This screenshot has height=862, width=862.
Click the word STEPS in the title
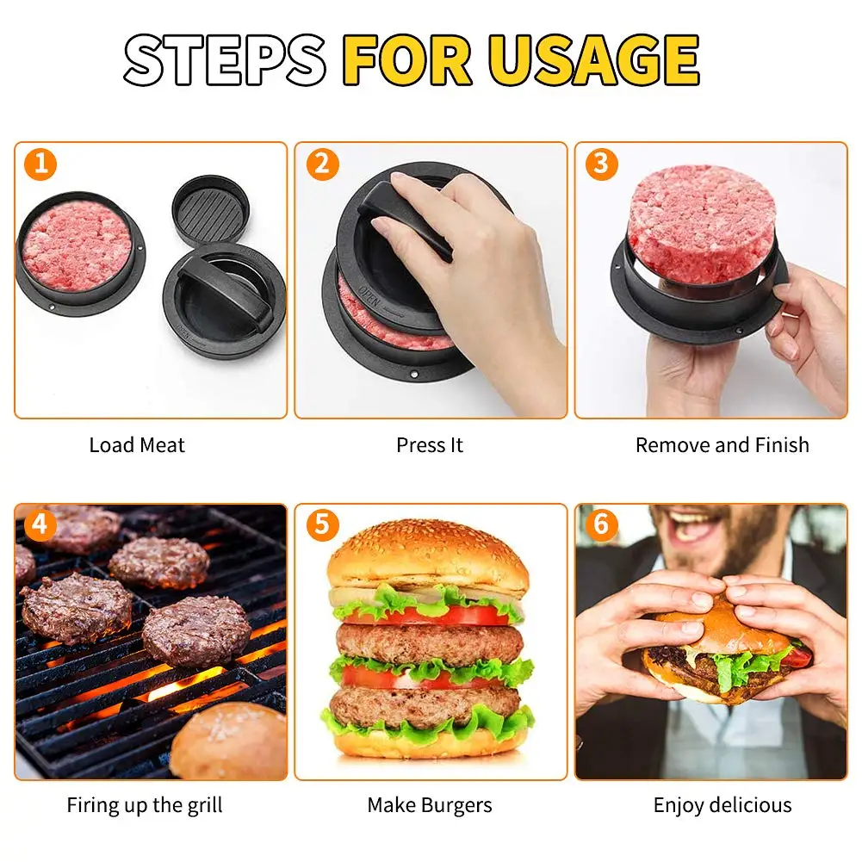(225, 60)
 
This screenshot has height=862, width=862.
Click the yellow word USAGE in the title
(593, 60)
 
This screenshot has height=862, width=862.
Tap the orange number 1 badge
(40, 164)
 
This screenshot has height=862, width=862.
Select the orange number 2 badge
(323, 164)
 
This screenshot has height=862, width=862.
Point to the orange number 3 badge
(602, 164)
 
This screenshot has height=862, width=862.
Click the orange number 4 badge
(40, 524)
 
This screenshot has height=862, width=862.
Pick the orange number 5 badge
(323, 524)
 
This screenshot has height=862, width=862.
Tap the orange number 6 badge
(602, 524)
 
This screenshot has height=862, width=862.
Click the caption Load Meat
(137, 444)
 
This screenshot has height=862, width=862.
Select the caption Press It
(430, 444)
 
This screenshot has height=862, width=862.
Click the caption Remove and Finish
(722, 444)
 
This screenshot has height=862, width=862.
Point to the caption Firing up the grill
(145, 805)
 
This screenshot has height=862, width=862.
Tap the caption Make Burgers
(430, 805)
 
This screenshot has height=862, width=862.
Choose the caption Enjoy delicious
(722, 805)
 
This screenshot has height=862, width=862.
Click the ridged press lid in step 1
(211, 210)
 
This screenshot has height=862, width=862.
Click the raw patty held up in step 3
(702, 224)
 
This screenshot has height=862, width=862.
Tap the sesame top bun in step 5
(428, 555)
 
